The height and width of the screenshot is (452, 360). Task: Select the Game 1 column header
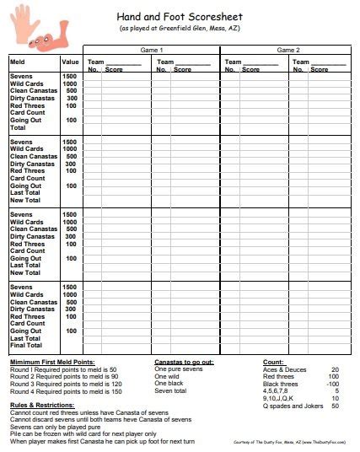coord(152,51)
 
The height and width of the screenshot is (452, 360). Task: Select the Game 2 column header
coord(287,51)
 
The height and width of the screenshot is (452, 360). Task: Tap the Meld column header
coord(19,62)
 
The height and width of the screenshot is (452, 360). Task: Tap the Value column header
coord(71,62)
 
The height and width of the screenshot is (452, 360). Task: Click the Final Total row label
coord(26,345)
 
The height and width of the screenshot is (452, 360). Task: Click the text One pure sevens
coord(178,369)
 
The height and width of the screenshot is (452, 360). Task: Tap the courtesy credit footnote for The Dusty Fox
coord(286,442)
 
